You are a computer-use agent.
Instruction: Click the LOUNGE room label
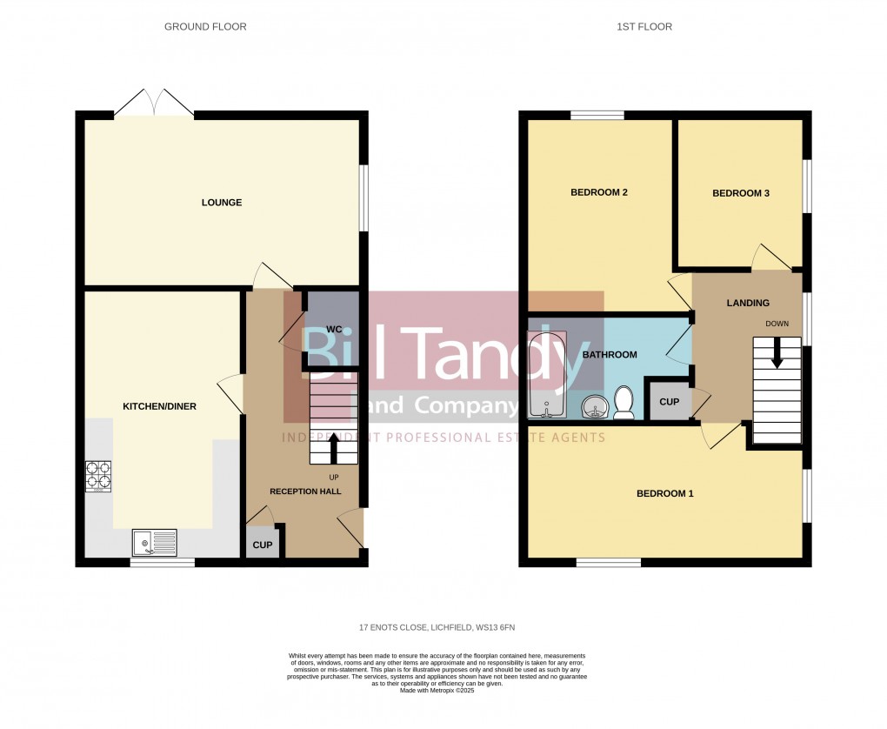pos(222,203)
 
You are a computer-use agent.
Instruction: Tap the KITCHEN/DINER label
pos(159,406)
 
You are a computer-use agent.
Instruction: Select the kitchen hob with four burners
pos(97,475)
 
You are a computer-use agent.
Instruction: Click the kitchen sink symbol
pos(154,542)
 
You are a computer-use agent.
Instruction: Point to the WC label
pos(334,330)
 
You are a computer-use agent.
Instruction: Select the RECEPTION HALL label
pos(305,492)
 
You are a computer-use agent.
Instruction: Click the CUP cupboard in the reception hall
pos(262,545)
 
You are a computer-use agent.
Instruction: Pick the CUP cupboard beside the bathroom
pos(669,402)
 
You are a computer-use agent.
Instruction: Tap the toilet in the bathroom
pos(623,402)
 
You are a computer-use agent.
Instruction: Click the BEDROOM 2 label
pos(599,192)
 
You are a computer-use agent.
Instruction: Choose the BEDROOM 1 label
pos(665,494)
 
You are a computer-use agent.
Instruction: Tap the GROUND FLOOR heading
pos(205,27)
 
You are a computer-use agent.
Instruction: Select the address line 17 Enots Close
pos(443,627)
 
